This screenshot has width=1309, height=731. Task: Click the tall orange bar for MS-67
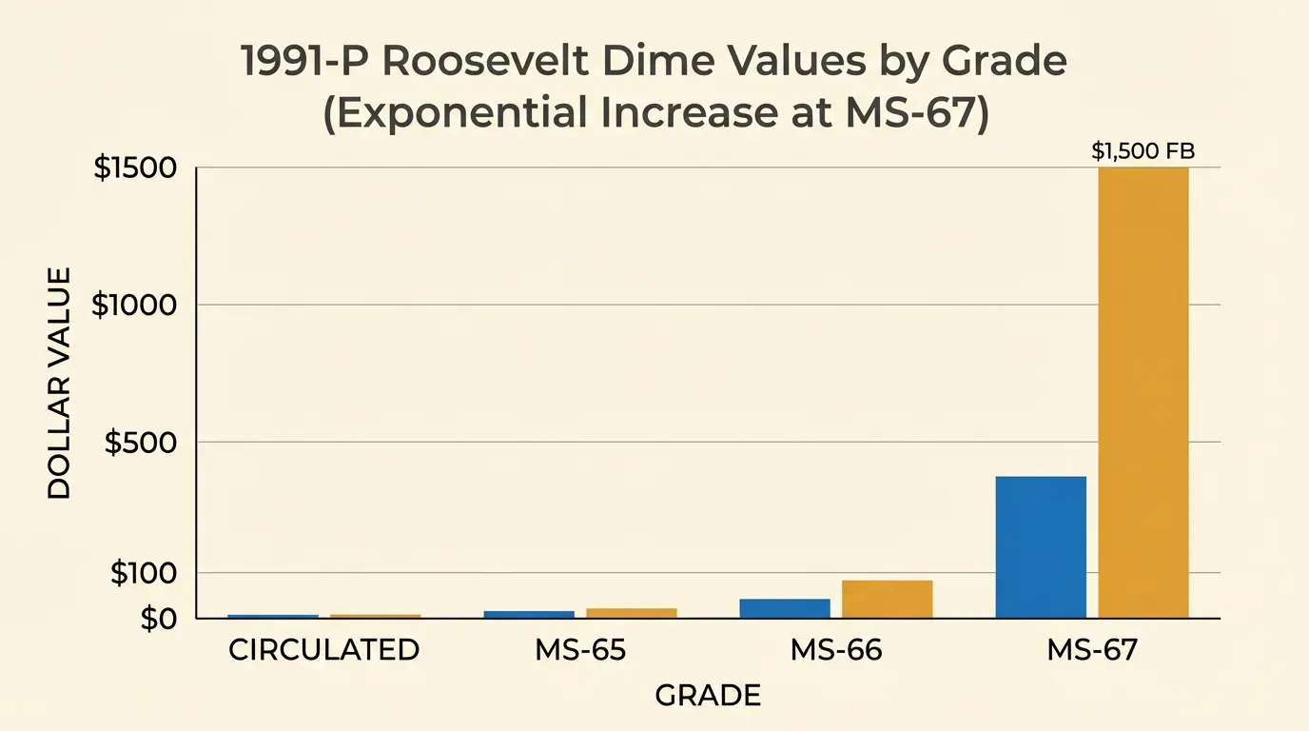pos(1143,392)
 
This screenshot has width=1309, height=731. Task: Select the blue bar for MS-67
pos(1041,546)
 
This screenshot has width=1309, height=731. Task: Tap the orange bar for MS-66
pos(887,599)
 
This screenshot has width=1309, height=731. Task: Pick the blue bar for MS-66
pos(785,608)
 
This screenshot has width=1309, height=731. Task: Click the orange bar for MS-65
pos(632,613)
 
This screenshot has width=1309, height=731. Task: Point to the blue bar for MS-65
pos(529,614)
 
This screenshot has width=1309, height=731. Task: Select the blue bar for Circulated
pos(273,617)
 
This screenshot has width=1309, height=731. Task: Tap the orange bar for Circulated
pos(375,617)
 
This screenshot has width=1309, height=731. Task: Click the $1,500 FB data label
pos(1143,151)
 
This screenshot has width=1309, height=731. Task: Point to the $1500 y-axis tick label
pos(135,168)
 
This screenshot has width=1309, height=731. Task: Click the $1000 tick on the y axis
pos(134,306)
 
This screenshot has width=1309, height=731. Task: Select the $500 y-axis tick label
pos(140,443)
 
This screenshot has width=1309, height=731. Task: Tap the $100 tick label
pos(144,573)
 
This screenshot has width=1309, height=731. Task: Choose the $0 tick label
pos(158,619)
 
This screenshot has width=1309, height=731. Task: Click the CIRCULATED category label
pos(323,650)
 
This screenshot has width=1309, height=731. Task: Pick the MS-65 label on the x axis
pos(580,650)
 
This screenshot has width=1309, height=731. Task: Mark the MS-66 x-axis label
pos(836,650)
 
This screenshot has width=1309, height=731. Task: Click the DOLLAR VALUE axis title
pos(58,384)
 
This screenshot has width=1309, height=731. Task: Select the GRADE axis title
pos(708,696)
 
